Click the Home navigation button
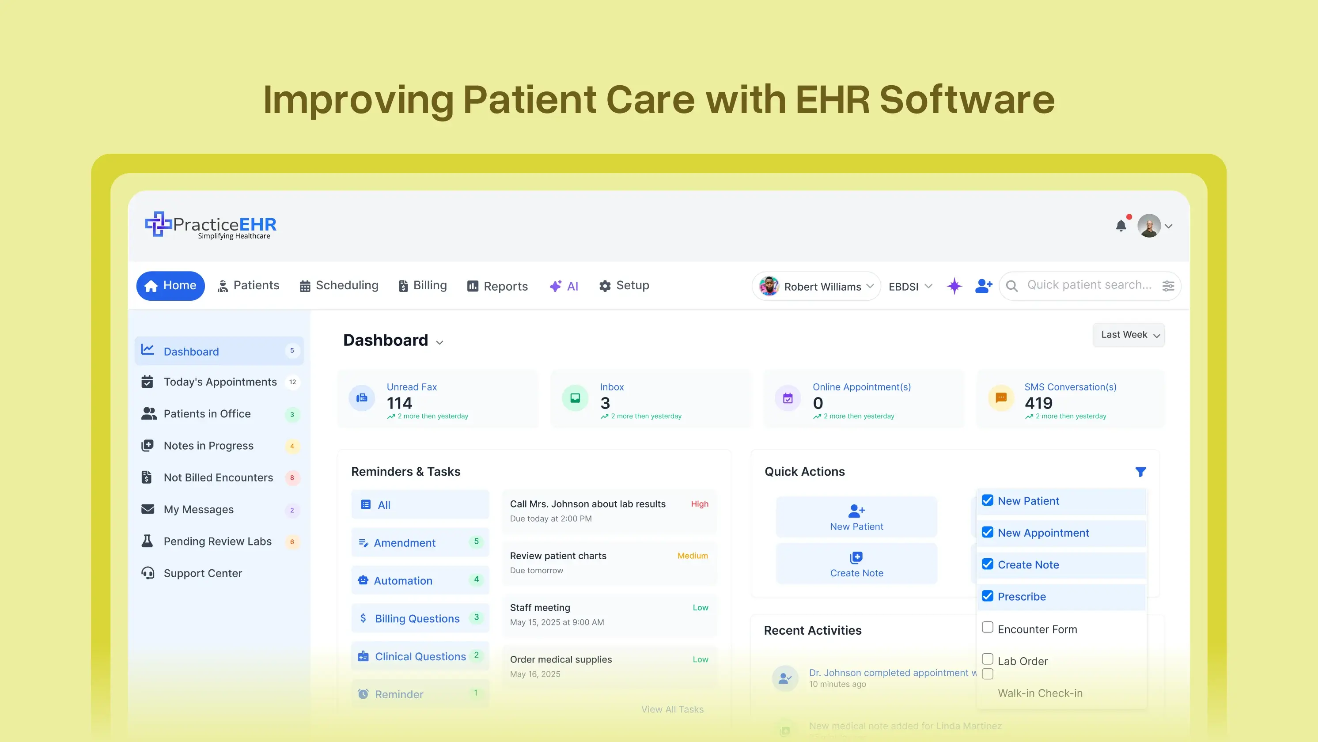pos(170,286)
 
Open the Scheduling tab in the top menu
pos(339,286)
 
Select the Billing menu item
pos(422,286)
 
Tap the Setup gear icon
pos(605,286)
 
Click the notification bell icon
pos(1121,226)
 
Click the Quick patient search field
pos(1089,285)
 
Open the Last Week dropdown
pos(1129,335)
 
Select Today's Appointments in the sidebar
pos(220,382)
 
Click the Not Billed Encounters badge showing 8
pos(292,478)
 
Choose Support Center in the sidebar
pos(203,573)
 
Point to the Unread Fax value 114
pos(400,403)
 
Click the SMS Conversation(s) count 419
pos(1038,403)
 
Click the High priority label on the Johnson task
pos(700,504)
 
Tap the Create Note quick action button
pos(856,564)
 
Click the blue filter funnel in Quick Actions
pos(1140,472)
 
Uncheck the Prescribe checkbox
pos(988,596)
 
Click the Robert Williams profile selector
pos(816,287)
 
